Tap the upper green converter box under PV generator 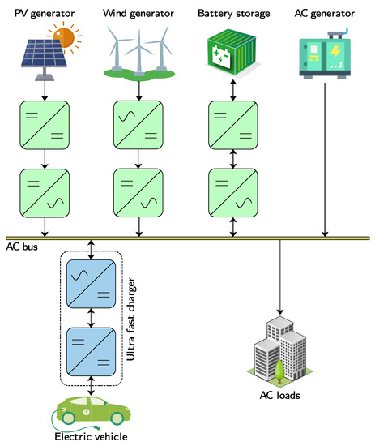(43, 123)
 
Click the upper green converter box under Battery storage (233, 123)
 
